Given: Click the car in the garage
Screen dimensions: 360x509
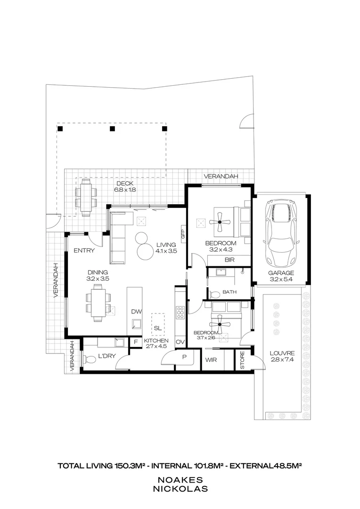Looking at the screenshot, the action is [281, 233].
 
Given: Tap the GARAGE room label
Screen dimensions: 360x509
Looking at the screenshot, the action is [281, 273].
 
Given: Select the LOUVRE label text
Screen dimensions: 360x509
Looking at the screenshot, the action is [282, 353].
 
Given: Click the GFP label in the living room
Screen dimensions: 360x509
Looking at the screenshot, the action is [183, 234].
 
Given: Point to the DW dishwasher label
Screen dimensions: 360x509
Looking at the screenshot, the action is [137, 312].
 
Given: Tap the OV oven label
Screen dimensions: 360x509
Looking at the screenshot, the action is [180, 342].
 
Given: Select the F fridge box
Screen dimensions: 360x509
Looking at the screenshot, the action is [136, 342].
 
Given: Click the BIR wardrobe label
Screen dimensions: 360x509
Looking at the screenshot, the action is [229, 260].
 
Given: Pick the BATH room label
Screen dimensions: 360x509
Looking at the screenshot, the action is [229, 292].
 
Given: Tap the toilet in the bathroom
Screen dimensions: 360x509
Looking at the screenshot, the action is [214, 295].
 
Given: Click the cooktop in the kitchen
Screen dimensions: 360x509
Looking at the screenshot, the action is [180, 312].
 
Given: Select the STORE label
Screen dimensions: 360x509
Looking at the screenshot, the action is [243, 361].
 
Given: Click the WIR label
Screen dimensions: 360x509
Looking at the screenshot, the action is [211, 360].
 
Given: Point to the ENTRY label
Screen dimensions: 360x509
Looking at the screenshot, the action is [84, 251].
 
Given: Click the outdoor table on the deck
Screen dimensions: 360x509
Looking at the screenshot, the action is [86, 197].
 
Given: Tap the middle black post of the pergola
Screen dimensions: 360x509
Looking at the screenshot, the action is [112, 129].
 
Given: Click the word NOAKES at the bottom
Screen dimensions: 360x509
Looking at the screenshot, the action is [180, 480].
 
